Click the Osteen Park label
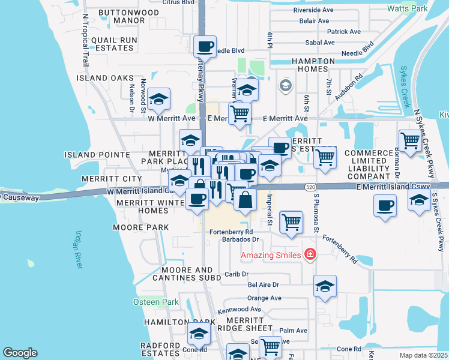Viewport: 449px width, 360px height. tap(156, 302)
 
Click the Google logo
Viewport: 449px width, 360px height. tap(20, 353)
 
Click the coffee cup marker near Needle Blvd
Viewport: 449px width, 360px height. tap(205, 46)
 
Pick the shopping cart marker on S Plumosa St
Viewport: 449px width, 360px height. tap(325, 157)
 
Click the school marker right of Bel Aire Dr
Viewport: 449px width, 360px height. tap(325, 287)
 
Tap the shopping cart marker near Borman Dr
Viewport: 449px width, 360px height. tap(410, 141)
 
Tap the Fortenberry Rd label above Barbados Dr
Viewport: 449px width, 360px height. tap(231, 232)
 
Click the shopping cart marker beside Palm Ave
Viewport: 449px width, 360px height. tap(270, 346)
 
